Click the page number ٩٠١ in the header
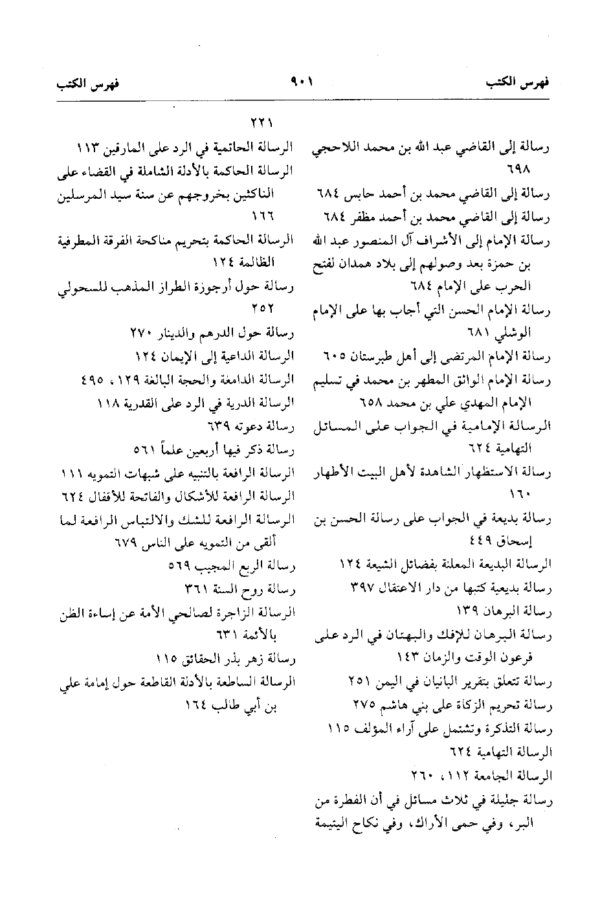302,84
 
